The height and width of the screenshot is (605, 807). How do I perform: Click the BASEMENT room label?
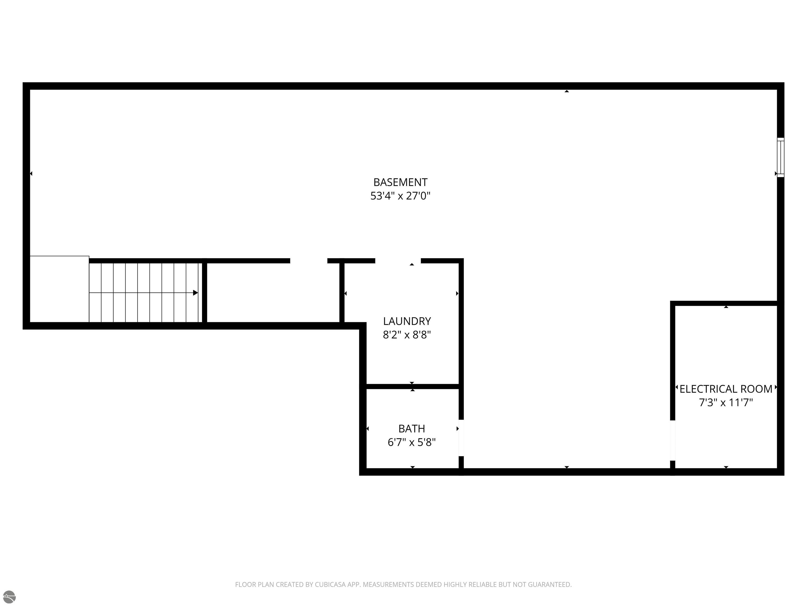click(400, 182)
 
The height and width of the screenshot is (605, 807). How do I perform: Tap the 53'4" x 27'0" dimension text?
click(400, 196)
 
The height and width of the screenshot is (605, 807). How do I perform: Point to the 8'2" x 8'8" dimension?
click(407, 335)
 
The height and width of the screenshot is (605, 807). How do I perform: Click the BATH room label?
click(412, 429)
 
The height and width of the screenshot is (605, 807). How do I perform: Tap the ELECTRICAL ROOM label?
click(726, 389)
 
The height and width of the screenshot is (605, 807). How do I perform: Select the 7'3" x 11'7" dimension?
click(726, 403)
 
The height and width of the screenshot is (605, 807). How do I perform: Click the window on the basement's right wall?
click(780, 157)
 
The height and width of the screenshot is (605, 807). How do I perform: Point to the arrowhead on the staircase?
click(195, 293)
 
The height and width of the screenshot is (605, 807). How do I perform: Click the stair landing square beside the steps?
click(59, 289)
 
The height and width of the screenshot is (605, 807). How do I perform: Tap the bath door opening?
click(461, 438)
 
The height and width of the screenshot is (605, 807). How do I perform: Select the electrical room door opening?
click(672, 441)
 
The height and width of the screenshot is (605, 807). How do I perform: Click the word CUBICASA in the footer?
click(330, 585)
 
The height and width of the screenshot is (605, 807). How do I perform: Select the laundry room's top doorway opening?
click(398, 261)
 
